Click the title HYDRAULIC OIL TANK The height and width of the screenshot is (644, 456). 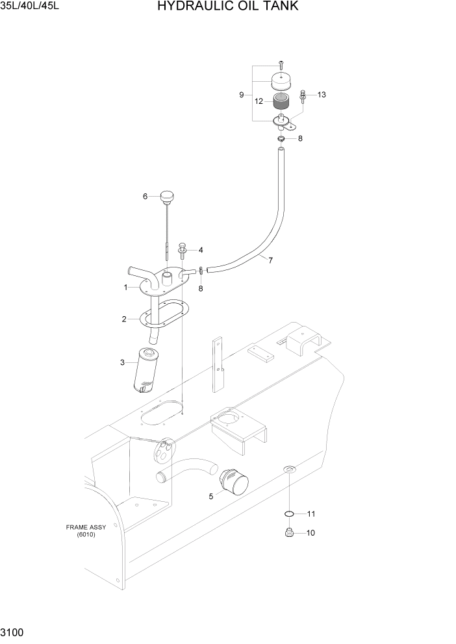tap(227, 7)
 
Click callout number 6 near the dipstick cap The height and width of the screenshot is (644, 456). tap(146, 196)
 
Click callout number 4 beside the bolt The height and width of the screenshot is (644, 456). tap(201, 250)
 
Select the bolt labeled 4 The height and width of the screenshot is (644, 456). tap(183, 249)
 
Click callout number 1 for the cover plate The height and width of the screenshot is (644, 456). tap(125, 287)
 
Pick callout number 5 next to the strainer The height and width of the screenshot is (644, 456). tap(210, 497)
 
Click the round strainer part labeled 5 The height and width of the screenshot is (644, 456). tap(234, 484)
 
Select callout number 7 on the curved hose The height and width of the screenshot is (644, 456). tap(270, 261)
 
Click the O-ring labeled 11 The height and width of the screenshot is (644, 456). tap(290, 514)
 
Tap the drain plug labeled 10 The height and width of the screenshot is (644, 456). tap(290, 534)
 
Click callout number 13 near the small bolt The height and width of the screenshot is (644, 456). tap(322, 95)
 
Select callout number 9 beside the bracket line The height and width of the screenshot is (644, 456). tap(241, 95)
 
